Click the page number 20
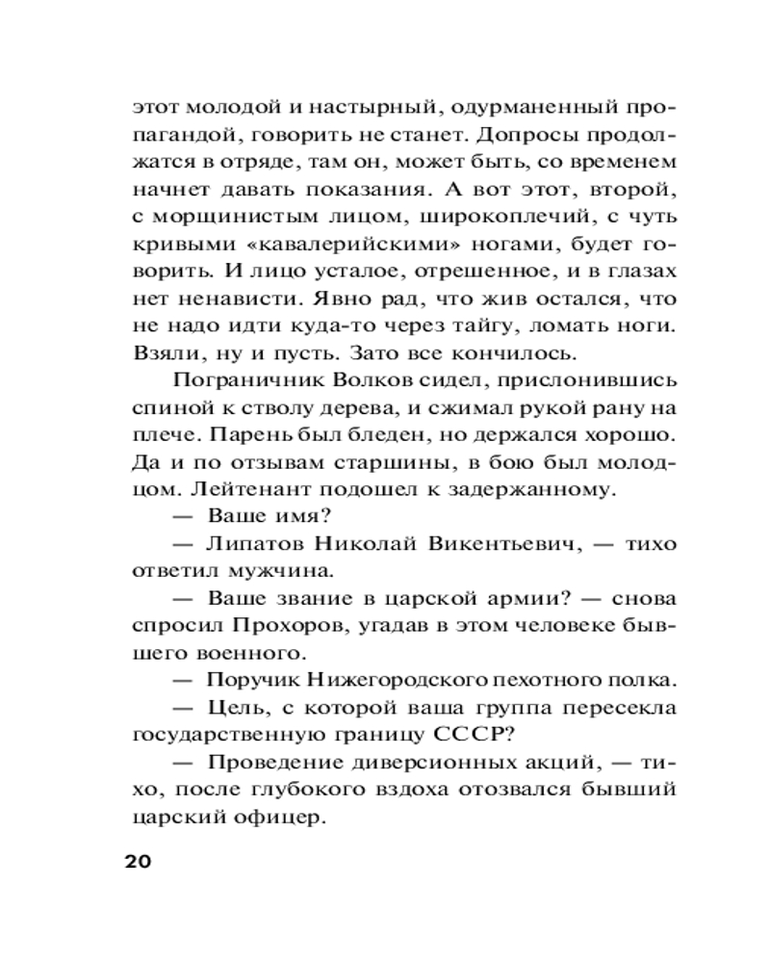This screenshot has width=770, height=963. click(x=139, y=860)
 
